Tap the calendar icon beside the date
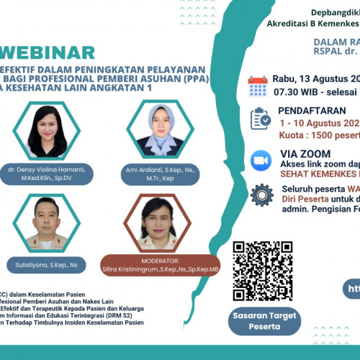point(258,86)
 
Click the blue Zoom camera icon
point(259,159)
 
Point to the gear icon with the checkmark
point(260,194)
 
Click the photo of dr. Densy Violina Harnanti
point(51,131)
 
